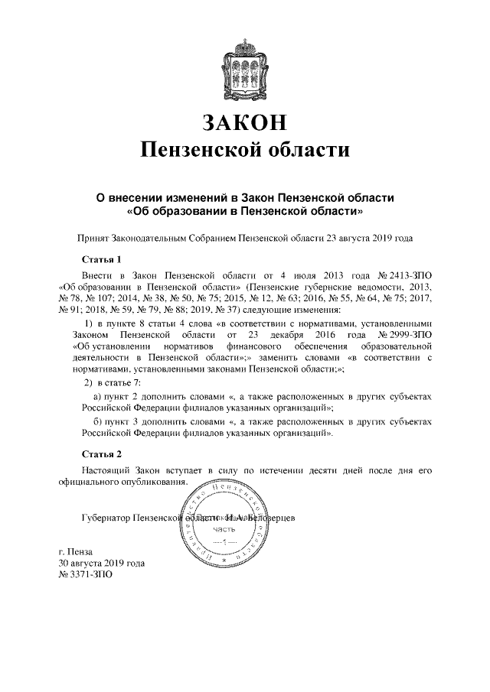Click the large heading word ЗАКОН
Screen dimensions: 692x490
point(245,122)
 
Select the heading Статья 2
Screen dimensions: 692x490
point(101,455)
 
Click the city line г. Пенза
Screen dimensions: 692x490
point(75,552)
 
